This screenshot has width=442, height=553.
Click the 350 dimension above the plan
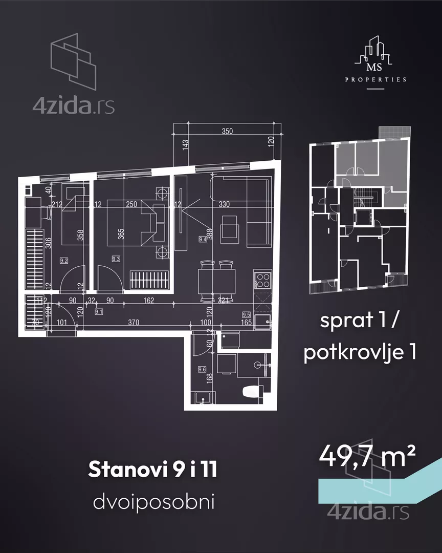(227, 131)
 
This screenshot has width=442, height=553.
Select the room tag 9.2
(64, 260)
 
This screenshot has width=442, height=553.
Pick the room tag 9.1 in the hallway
(99, 311)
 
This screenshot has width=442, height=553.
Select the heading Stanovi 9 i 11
(152, 470)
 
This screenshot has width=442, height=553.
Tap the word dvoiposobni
(153, 502)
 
